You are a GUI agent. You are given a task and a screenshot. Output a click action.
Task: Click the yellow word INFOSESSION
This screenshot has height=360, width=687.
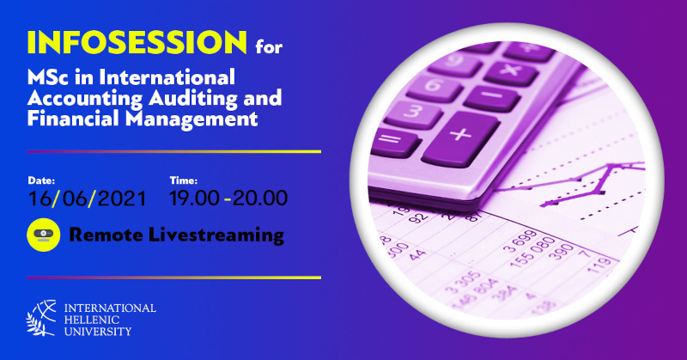click(x=137, y=43)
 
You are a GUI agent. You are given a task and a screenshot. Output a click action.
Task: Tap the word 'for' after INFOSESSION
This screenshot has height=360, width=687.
click(x=269, y=46)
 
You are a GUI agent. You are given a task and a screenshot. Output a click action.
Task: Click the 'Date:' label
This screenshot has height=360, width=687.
click(x=41, y=180)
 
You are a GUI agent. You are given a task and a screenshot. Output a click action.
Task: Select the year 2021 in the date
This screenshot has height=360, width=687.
click(x=122, y=198)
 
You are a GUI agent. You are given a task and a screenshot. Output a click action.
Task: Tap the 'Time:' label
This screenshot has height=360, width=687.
click(x=184, y=180)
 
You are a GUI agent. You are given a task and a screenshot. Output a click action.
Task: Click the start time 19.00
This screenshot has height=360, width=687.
click(x=194, y=198)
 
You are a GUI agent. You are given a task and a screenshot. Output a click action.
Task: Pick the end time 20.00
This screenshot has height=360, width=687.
click(x=260, y=198)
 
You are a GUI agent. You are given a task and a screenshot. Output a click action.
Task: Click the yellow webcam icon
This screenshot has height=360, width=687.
click(x=44, y=235)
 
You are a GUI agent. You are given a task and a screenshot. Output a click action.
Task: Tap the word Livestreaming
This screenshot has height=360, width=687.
click(x=216, y=235)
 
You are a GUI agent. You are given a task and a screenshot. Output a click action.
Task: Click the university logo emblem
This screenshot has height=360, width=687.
click(x=41, y=318)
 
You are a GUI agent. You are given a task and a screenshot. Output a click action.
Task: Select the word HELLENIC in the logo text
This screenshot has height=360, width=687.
click(x=92, y=320)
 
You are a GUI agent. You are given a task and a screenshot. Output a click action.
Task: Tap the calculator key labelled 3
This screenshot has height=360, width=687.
click(x=413, y=113)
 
